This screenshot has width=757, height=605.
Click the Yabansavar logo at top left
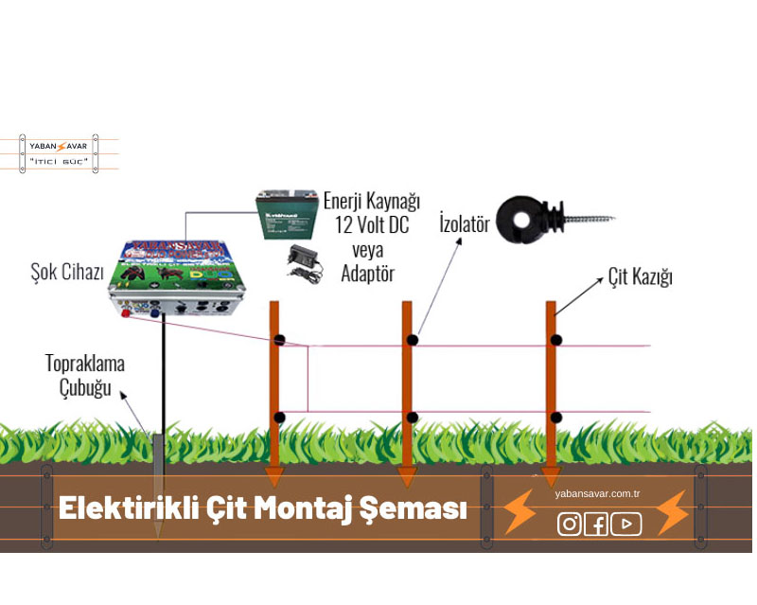59,153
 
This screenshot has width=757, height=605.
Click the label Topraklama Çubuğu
85,375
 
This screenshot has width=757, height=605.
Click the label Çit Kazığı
640,278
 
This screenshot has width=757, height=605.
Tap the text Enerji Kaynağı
371,202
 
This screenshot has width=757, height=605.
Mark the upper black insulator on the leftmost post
279,339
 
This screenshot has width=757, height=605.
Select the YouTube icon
625,524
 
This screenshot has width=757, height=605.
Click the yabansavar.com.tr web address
597,494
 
